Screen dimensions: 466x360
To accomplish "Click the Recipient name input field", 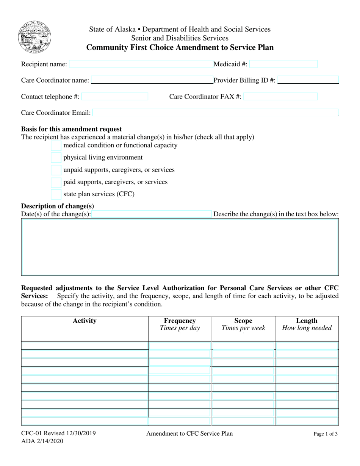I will [x=141, y=64].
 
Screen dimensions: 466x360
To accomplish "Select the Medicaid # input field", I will [x=283, y=64].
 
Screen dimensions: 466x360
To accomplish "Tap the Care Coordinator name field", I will [x=152, y=80].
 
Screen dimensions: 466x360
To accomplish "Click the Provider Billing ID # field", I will [x=308, y=80].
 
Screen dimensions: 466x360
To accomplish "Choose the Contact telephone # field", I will [x=114, y=97].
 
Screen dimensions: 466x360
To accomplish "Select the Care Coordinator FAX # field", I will [x=280, y=97].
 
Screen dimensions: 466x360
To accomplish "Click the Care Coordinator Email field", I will [x=215, y=113].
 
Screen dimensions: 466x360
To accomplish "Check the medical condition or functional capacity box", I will [x=56, y=145].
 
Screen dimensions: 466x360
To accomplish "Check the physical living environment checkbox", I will [x=56, y=158].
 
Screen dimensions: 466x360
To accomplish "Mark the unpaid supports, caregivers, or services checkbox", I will [x=56, y=170].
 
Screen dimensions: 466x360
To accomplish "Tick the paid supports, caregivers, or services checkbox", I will [x=56, y=182].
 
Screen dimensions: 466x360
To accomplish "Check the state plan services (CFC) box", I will [x=56, y=194].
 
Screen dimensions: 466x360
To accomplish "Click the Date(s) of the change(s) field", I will [x=152, y=214].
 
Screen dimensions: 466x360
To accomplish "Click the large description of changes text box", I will [x=180, y=247].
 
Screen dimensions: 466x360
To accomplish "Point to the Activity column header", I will [x=85, y=321].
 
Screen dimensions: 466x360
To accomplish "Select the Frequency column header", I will [x=180, y=321].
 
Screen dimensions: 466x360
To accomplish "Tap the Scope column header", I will [x=243, y=321].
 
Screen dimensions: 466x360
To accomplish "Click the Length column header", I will [x=307, y=321].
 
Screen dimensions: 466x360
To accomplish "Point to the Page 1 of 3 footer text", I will [x=326, y=435].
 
